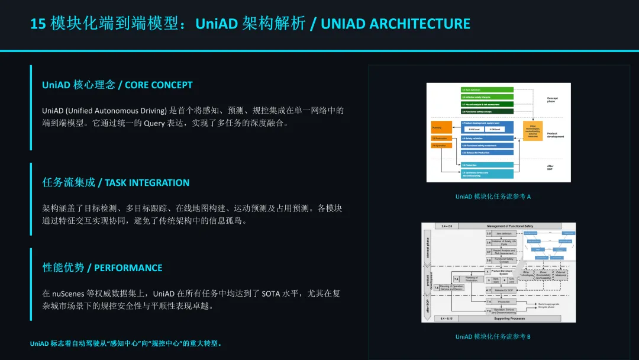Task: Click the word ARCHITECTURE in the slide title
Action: click(x=419, y=24)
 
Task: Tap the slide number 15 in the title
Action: click(x=38, y=24)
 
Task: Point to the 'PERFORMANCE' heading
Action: click(x=128, y=268)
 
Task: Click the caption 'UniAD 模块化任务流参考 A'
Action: click(x=493, y=197)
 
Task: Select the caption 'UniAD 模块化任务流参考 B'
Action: click(x=493, y=337)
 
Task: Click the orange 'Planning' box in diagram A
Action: click(x=442, y=127)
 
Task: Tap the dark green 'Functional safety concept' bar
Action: click(x=487, y=111)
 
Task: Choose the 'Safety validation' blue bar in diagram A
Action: click(x=487, y=138)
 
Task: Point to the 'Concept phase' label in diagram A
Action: click(x=552, y=99)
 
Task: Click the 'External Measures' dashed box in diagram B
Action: click(x=560, y=274)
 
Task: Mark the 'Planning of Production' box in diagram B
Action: click(x=471, y=279)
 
